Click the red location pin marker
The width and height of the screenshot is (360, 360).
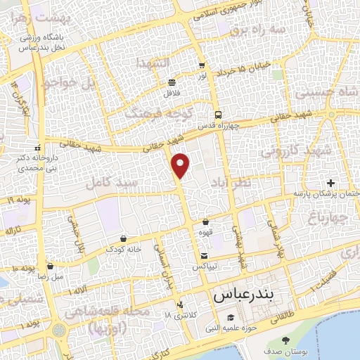[181, 165]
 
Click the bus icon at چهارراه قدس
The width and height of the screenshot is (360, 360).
[218, 115]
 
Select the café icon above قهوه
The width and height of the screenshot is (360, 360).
[205, 222]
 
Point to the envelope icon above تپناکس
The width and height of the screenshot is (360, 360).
[204, 256]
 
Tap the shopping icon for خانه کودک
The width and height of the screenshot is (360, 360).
[124, 238]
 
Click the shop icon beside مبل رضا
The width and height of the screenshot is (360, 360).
[50, 266]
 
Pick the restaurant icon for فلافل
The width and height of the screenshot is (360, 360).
[172, 82]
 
